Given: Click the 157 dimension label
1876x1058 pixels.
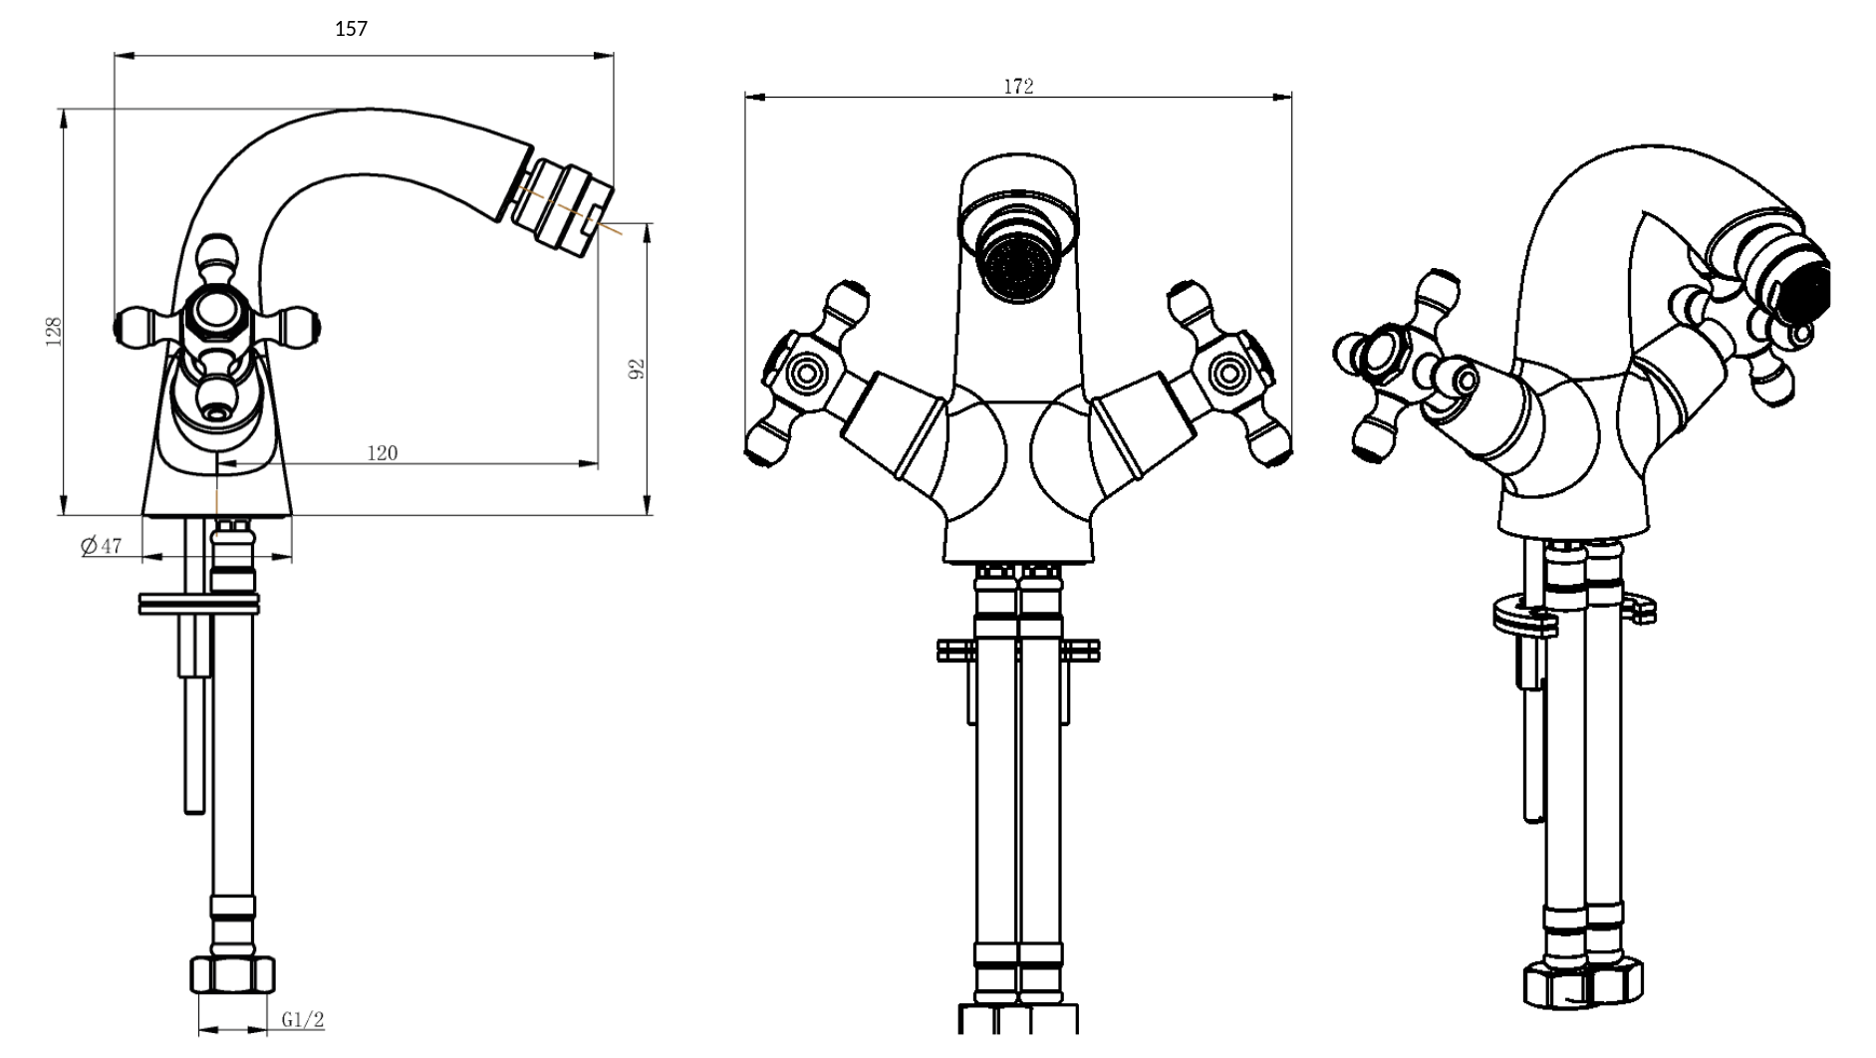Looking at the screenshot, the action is tap(351, 29).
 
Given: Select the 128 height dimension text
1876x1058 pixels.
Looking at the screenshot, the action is tap(54, 332).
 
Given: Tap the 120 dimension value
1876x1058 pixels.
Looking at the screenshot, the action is tap(383, 453).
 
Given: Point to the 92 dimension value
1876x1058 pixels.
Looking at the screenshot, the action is tap(639, 369).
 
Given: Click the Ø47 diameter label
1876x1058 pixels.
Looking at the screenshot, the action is tap(101, 546).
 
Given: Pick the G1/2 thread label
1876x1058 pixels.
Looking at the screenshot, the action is tap(303, 1020).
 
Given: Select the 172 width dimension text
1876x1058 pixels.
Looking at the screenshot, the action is tap(1018, 87).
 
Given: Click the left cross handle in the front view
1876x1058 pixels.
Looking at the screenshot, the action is tap(809, 375).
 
